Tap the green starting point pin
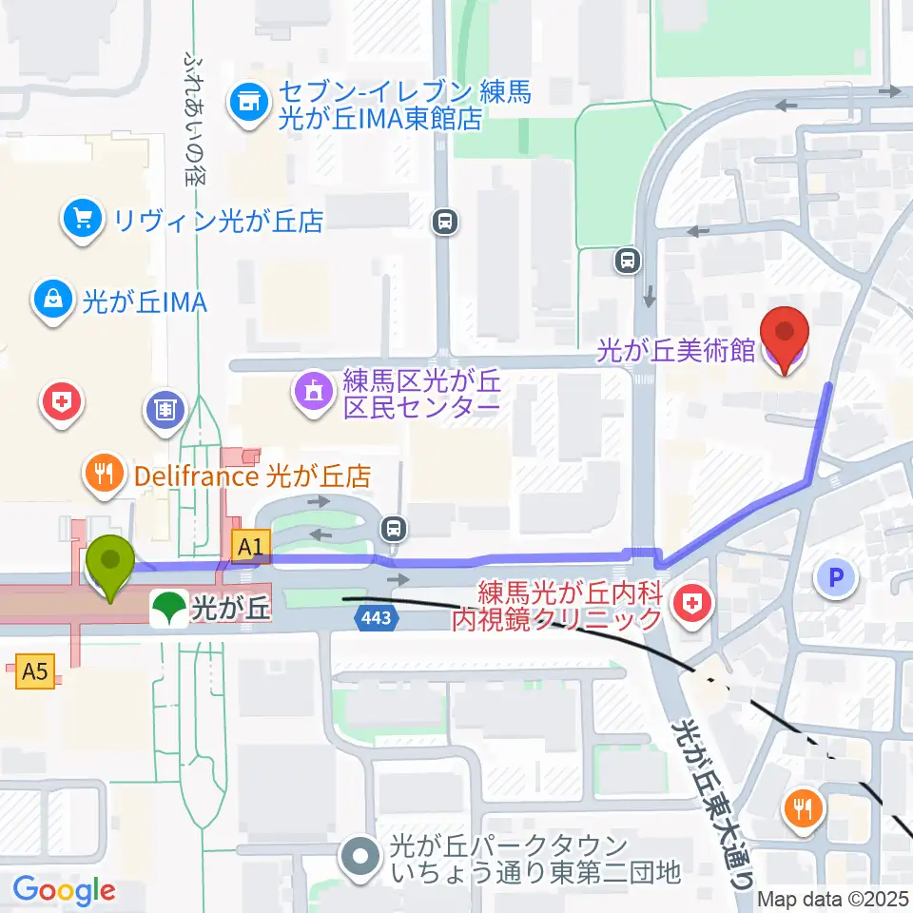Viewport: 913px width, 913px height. (x=111, y=565)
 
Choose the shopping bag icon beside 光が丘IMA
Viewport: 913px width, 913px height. (x=55, y=301)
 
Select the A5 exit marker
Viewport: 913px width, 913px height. (x=34, y=672)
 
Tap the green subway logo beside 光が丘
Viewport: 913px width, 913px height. (x=168, y=607)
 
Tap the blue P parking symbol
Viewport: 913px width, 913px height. (x=837, y=575)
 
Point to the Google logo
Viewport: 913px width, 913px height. (x=64, y=890)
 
